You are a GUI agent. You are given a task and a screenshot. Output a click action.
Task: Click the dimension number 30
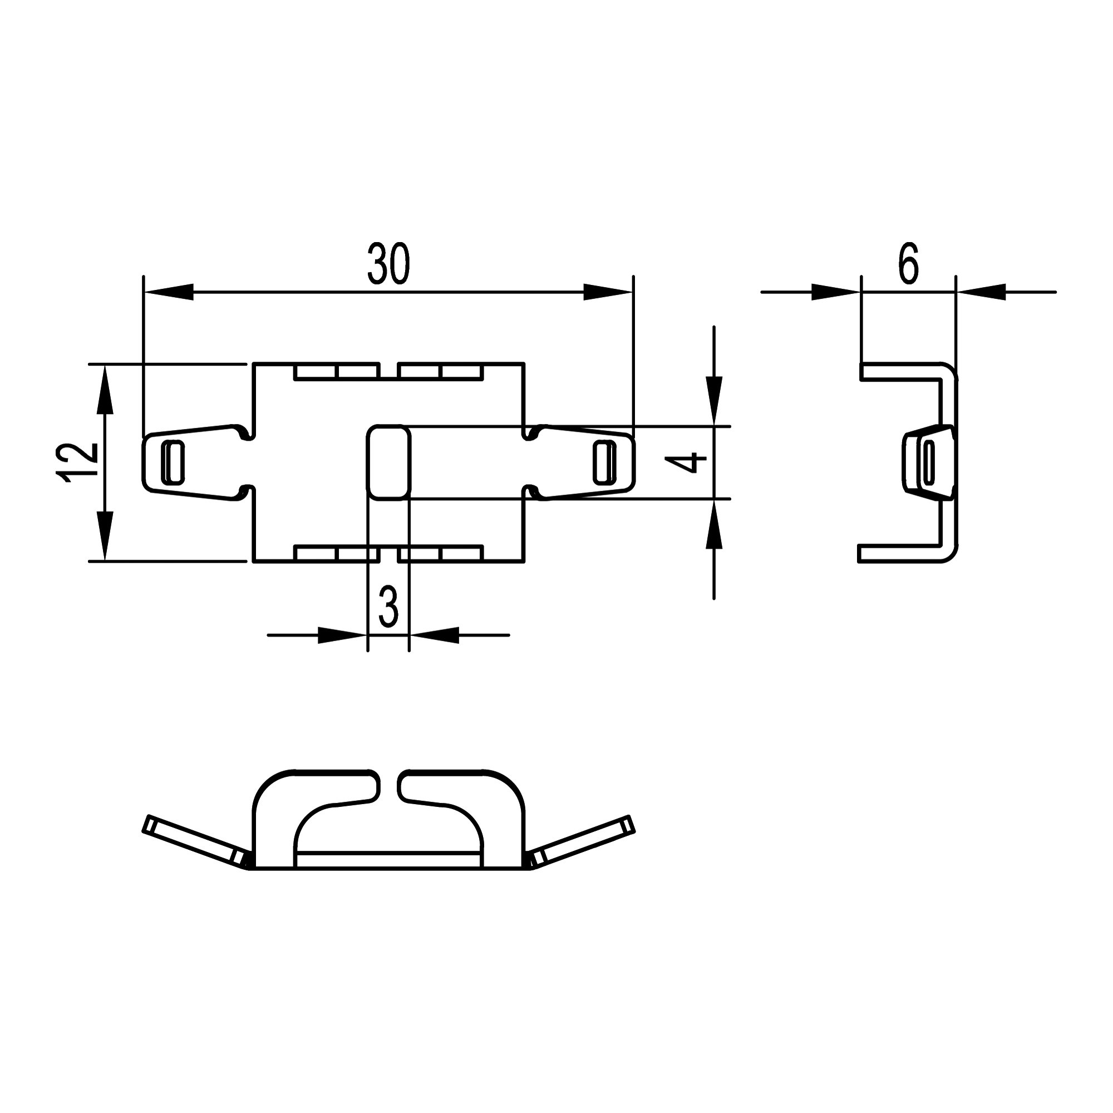tap(388, 263)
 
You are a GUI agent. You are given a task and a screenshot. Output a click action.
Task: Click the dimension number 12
tap(77, 462)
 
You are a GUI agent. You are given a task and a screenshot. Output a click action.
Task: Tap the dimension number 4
tap(686, 462)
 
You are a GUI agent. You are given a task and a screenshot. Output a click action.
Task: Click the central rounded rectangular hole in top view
tap(388, 462)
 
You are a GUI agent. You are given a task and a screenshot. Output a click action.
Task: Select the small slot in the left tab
tap(175, 462)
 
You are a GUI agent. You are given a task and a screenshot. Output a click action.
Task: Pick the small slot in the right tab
tap(603, 462)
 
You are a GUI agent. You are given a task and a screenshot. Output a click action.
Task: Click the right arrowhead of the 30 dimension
tap(608, 292)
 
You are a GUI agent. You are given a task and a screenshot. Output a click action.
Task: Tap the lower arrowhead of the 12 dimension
tap(104, 535)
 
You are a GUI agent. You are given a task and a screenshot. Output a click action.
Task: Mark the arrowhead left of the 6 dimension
tap(835, 292)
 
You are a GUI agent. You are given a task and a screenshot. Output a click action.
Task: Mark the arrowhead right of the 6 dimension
tap(981, 292)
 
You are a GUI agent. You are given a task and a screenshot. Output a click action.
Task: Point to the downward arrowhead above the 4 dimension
tap(714, 400)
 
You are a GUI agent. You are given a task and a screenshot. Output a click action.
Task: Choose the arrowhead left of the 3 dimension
tap(342, 636)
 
